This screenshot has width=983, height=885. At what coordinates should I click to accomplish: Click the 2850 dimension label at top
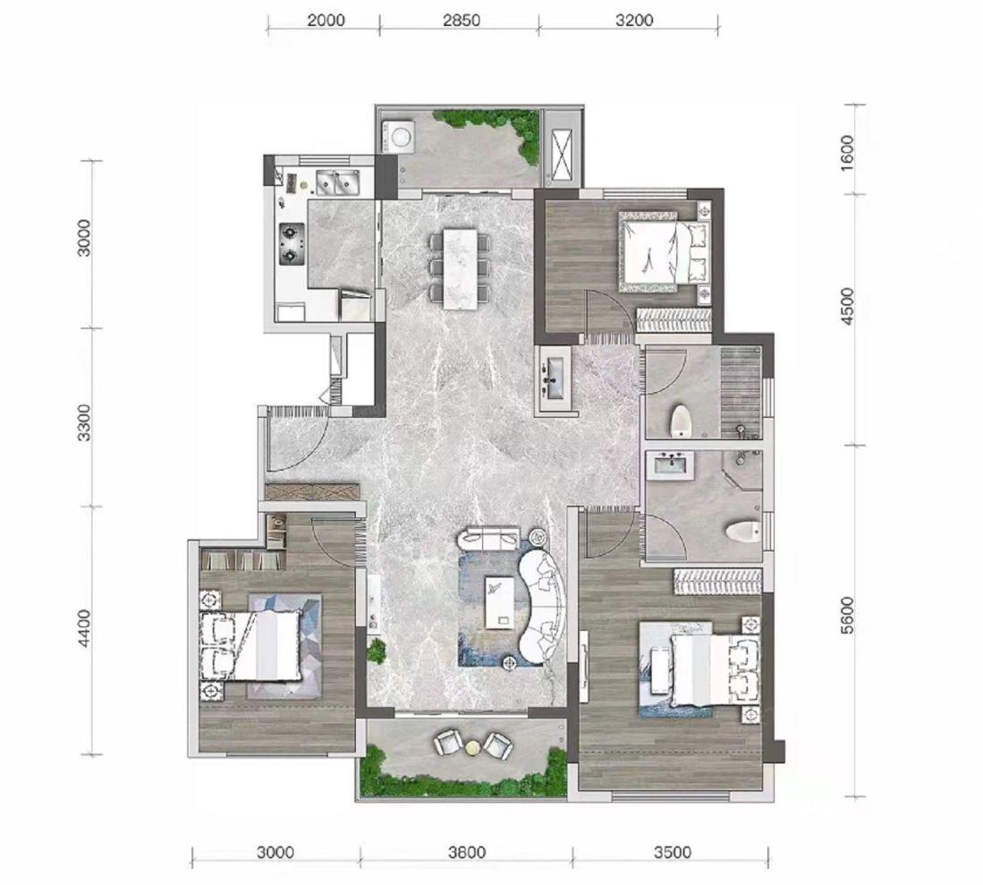point(461,20)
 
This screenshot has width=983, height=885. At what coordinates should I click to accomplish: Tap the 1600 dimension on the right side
point(846,150)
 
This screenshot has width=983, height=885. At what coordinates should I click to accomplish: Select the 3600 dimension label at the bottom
point(466,853)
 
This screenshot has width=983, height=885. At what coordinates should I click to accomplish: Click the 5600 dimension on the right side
point(846,615)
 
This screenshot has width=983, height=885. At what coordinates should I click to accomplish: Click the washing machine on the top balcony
point(397,135)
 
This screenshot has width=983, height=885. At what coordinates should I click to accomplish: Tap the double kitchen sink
point(337,182)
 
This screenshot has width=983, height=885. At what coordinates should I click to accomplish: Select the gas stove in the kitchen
point(291,244)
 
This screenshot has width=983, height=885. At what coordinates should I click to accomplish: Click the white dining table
point(460,268)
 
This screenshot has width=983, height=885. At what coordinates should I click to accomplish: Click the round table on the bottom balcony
point(472,747)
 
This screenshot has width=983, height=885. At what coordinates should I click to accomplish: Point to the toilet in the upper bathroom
point(681,421)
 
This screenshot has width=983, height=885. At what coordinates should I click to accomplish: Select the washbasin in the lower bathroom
point(671,464)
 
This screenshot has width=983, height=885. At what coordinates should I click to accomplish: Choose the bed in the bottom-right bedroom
point(714,670)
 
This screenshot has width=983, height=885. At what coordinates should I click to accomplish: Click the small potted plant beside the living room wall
point(377,651)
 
